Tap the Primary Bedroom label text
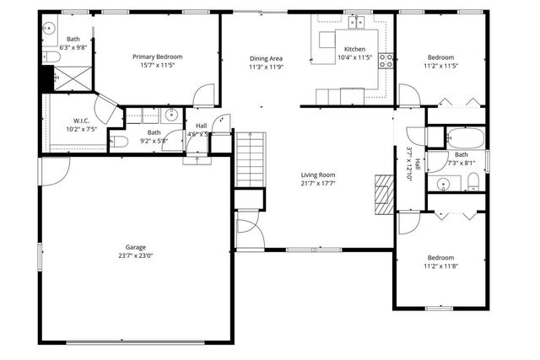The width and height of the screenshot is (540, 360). point(157,56)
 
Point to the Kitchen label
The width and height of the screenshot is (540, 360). point(354,48)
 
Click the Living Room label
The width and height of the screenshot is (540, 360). point(318,175)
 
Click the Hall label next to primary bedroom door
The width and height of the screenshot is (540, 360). point(201,126)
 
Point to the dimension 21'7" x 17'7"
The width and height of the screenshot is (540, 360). point(318,183)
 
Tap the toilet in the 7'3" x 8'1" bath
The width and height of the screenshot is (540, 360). point(473,180)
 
